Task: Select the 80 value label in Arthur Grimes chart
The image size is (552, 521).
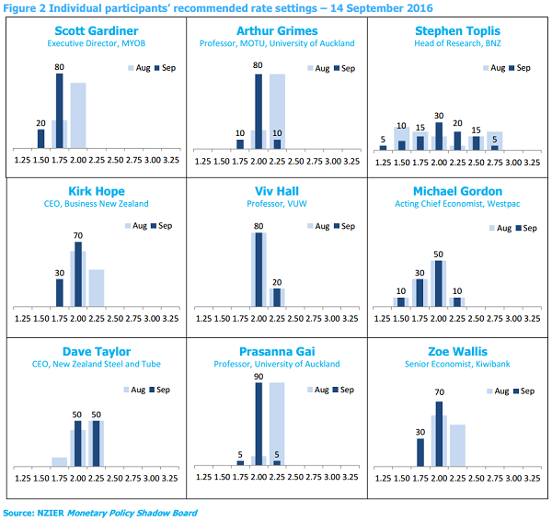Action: pos(258,66)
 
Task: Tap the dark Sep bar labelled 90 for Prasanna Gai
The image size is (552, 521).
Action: pos(259,424)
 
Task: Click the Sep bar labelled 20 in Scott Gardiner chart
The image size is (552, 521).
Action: pos(41,138)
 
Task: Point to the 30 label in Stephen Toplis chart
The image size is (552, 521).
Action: pos(439,115)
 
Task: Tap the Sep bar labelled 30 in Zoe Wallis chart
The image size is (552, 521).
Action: pos(420,451)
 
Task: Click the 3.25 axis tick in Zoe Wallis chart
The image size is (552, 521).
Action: pos(531,478)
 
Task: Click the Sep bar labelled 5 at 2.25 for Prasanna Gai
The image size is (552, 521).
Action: pos(277,462)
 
